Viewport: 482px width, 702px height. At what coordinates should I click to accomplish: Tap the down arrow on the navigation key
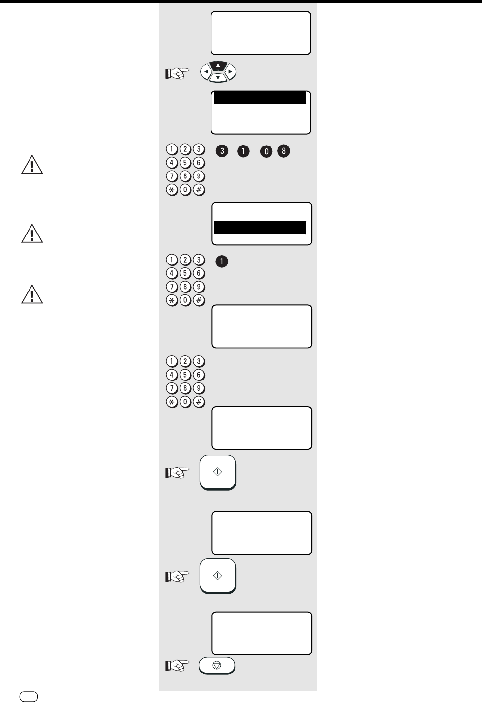click(x=218, y=78)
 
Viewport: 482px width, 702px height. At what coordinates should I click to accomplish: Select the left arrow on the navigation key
click(x=206, y=72)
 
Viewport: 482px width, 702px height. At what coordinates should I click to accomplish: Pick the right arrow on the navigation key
click(x=230, y=72)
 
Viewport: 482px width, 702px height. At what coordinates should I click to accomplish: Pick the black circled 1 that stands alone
click(x=222, y=262)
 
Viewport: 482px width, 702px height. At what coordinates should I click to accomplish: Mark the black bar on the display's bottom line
click(x=261, y=228)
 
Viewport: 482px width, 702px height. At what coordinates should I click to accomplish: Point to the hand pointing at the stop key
click(x=177, y=666)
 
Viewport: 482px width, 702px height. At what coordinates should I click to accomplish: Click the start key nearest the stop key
click(x=218, y=576)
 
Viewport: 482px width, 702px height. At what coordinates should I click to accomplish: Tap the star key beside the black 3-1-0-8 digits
click(x=171, y=190)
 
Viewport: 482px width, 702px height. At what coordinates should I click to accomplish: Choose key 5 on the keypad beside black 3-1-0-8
click(x=185, y=163)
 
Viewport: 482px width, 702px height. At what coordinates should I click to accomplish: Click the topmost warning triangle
click(x=32, y=166)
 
